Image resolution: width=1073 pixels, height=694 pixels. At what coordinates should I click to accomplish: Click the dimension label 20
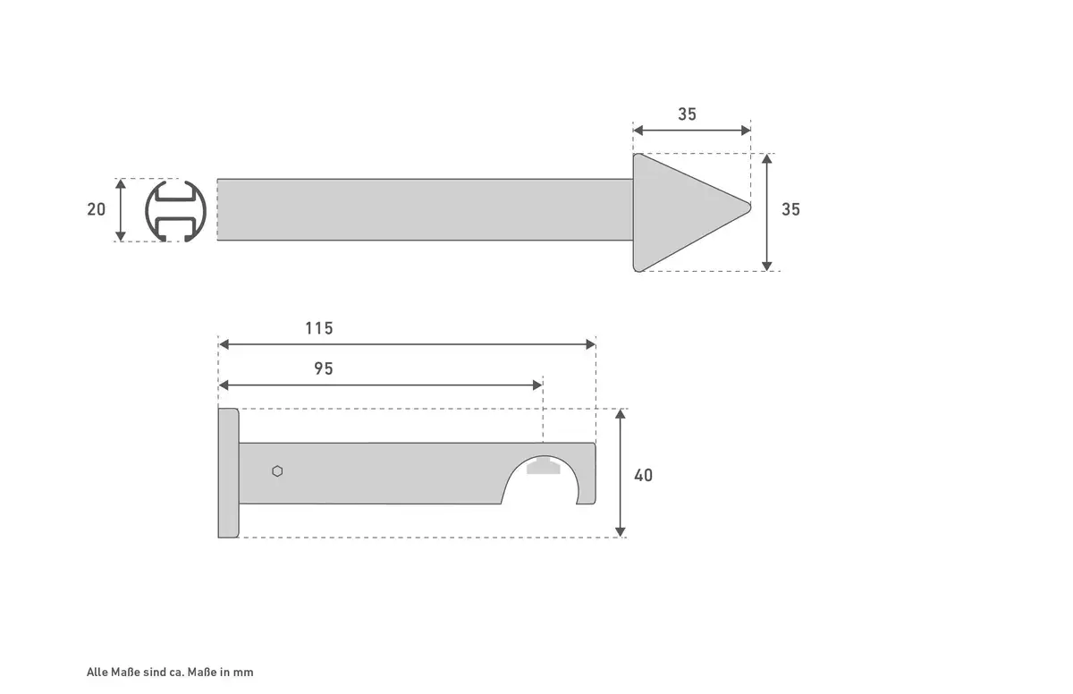click(x=96, y=209)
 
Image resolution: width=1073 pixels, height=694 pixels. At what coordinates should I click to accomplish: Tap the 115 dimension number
click(x=319, y=328)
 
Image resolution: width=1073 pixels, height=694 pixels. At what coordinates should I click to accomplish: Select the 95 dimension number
click(x=324, y=368)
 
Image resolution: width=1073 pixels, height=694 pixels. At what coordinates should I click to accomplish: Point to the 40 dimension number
click(x=643, y=475)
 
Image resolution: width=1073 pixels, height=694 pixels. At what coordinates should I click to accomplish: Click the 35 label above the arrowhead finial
click(x=687, y=114)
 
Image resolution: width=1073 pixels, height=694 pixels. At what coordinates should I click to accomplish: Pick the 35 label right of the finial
click(x=790, y=209)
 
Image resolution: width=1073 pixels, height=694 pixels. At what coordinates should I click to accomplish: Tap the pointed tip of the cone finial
click(x=749, y=207)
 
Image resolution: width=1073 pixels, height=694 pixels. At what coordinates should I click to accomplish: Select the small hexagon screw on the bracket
click(x=277, y=471)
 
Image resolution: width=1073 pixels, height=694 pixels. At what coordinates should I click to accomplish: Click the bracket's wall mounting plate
click(x=229, y=473)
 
